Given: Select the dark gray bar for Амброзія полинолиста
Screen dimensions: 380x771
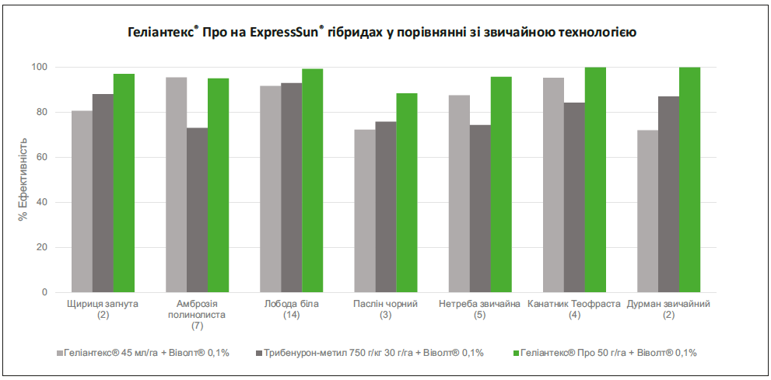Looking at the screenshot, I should point(197,210).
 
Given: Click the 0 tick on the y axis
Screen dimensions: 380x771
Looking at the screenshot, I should point(44,293).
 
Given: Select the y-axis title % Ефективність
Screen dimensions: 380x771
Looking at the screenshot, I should point(23,180).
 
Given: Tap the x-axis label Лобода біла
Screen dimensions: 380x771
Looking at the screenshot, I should point(292,304).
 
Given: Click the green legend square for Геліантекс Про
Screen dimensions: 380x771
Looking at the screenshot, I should point(514,353).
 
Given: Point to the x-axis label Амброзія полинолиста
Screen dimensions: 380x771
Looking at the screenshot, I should point(197,309).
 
